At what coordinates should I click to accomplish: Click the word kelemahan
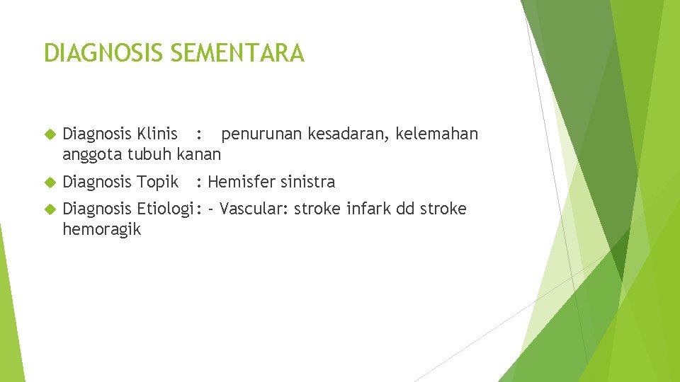coord(437,134)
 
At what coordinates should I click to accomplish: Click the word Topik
coord(157,182)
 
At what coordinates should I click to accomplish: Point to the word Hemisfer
coord(239,182)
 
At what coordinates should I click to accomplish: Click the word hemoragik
coord(101,230)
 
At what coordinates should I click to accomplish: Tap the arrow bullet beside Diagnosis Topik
coord(49,183)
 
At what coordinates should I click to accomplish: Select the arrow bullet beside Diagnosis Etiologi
coord(49,209)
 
